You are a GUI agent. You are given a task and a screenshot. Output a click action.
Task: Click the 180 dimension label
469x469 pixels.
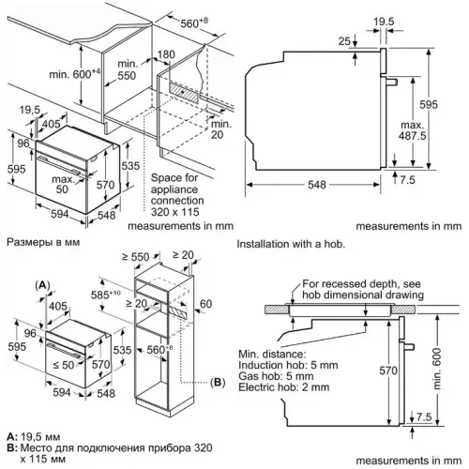(x=166, y=54)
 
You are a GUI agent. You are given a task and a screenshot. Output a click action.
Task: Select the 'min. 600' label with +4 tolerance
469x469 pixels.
(x=75, y=74)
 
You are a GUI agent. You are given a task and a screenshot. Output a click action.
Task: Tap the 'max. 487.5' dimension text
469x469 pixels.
(x=413, y=130)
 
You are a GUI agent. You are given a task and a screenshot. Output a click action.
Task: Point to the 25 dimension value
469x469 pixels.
(x=344, y=41)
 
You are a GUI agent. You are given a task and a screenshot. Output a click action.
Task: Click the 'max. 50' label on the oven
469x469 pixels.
(x=63, y=184)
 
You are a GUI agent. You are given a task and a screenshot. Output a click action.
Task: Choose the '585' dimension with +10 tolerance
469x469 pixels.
(x=105, y=295)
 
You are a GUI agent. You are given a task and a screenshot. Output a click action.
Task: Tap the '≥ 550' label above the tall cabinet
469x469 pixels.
(x=136, y=257)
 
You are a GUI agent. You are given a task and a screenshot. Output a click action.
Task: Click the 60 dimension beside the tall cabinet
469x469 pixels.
(x=205, y=304)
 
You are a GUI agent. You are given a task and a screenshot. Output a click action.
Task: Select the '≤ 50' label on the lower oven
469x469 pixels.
(x=64, y=365)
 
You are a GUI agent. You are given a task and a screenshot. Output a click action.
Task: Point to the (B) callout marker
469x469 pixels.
(x=218, y=382)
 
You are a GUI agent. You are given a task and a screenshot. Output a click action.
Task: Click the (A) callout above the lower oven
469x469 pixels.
(x=42, y=285)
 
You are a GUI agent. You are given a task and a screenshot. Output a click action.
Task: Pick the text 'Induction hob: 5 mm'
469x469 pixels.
(x=288, y=365)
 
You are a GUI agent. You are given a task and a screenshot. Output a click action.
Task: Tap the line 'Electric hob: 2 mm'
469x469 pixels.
(x=284, y=387)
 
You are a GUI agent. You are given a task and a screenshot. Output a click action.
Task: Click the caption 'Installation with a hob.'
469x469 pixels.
(x=291, y=244)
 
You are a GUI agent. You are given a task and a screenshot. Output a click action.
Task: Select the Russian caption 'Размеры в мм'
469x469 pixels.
(x=43, y=242)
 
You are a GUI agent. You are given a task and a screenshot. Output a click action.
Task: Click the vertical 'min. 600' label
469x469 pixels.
(x=437, y=369)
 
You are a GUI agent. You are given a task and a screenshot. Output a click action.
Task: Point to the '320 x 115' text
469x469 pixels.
(x=174, y=212)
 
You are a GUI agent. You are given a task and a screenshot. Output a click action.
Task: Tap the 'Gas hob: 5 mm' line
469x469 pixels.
(x=276, y=376)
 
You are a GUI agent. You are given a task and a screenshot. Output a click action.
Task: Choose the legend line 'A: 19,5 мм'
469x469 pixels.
(x=34, y=437)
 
